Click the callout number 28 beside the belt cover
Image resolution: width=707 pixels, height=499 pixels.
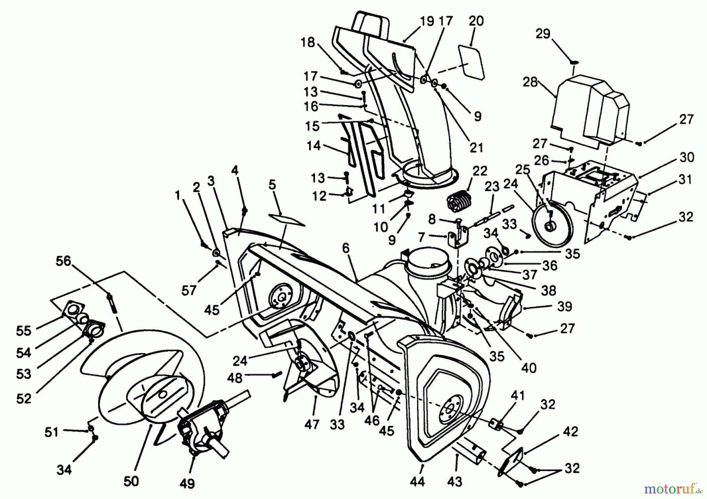(x=530, y=83)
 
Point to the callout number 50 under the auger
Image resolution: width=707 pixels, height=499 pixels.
(x=131, y=481)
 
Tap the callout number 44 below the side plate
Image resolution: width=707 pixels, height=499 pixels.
(x=417, y=481)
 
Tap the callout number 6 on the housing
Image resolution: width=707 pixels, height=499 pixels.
(x=346, y=248)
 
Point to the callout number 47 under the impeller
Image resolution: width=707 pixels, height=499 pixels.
(x=311, y=425)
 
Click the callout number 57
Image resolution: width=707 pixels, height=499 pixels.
(x=189, y=290)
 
